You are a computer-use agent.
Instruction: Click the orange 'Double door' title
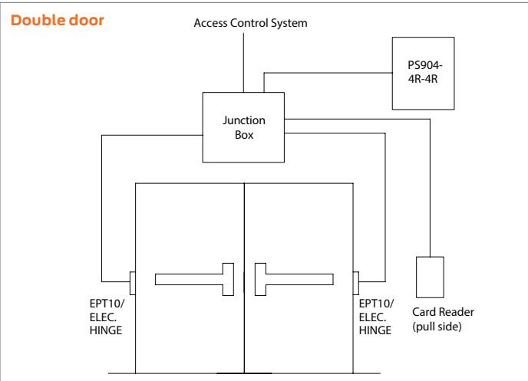coord(58,20)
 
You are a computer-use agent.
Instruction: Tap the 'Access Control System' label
coord(250,23)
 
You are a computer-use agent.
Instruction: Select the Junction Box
coord(243,127)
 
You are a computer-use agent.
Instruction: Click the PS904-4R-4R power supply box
coord(424,74)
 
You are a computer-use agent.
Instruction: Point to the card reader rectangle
coord(430,278)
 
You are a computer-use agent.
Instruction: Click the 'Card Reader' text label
coord(443,312)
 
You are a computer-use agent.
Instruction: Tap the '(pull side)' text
coord(437,327)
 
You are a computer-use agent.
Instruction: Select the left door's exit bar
coord(195,280)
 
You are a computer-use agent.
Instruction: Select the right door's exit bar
coord(294,280)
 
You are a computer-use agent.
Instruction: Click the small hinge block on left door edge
coord(133,283)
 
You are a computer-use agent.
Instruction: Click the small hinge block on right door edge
coord(356,283)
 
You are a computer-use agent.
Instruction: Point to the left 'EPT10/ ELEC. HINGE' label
coord(107,317)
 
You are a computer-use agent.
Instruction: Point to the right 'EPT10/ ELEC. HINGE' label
coord(376,317)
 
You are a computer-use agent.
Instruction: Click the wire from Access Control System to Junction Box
coord(243,63)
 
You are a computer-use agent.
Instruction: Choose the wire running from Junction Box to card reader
coord(430,119)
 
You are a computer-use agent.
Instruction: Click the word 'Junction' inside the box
coord(244,120)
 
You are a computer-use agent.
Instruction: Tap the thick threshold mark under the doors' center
coord(244,373)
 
